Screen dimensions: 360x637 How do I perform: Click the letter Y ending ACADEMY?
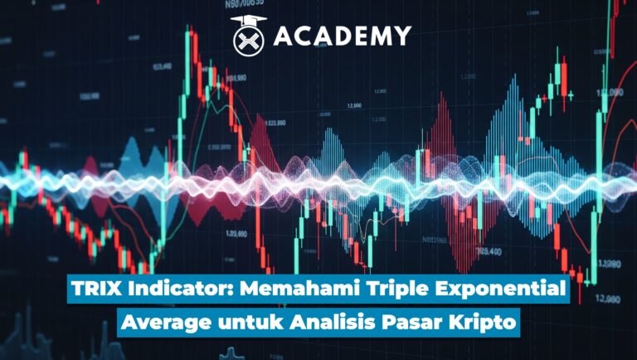tap(402, 36)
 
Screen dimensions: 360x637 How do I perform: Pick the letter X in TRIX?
tap(116, 292)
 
